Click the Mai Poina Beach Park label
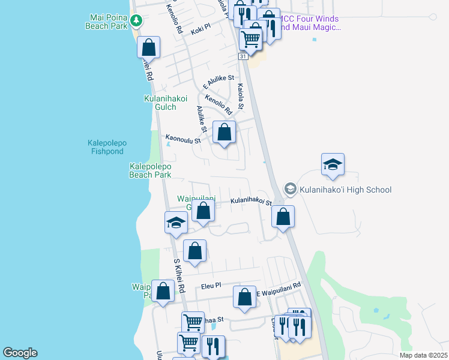click(109, 22)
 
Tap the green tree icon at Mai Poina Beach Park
click(137, 22)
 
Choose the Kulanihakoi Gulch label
click(166, 103)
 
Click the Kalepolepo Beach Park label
click(151, 170)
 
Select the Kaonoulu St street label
click(183, 139)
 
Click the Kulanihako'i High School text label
click(347, 190)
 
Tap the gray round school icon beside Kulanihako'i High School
click(291, 190)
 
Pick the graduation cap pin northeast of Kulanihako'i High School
click(333, 164)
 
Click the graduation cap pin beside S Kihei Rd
click(176, 223)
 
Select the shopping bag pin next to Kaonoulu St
click(224, 132)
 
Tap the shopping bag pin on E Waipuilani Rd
click(244, 297)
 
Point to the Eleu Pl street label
click(211, 286)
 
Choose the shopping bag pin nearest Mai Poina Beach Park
click(148, 47)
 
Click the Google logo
click(20, 353)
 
